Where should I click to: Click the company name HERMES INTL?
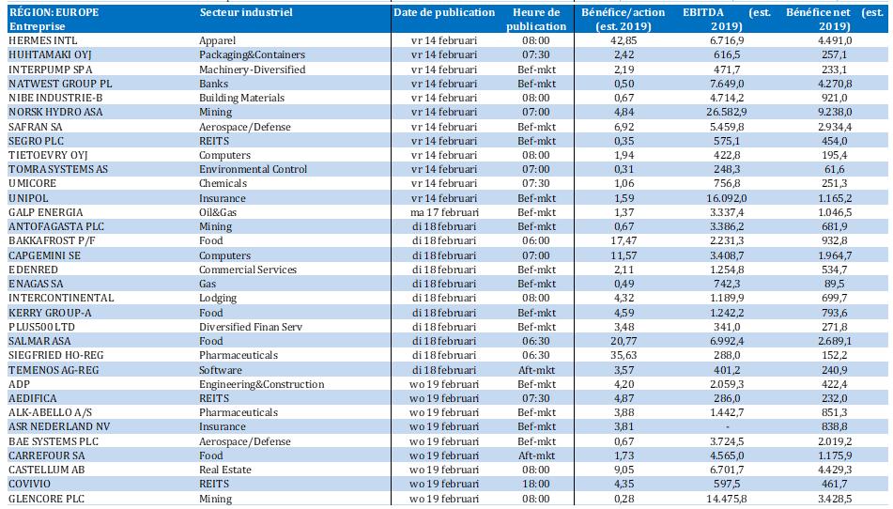click(x=42, y=40)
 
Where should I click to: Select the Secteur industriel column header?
click(x=246, y=12)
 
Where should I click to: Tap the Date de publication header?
click(x=444, y=12)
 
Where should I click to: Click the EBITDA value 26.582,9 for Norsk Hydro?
click(x=727, y=112)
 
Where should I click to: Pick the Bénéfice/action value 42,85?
click(x=624, y=40)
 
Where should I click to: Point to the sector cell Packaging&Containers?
click(x=252, y=54)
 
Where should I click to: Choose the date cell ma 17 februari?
click(x=444, y=212)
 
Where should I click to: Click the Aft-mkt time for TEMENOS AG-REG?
click(x=536, y=369)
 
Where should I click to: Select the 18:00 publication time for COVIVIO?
click(x=536, y=484)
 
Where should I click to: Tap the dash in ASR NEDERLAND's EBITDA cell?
click(x=728, y=427)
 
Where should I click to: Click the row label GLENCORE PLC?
click(x=46, y=499)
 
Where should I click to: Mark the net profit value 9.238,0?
click(x=835, y=112)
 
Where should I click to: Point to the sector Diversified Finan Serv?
click(x=251, y=327)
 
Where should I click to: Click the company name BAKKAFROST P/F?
click(x=52, y=240)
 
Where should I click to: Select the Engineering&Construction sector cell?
click(x=261, y=384)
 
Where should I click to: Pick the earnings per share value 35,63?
click(x=624, y=355)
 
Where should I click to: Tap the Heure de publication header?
click(x=536, y=20)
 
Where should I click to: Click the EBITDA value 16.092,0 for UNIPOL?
click(x=727, y=198)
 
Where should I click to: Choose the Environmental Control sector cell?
click(x=253, y=169)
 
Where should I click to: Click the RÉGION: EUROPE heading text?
click(x=54, y=12)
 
